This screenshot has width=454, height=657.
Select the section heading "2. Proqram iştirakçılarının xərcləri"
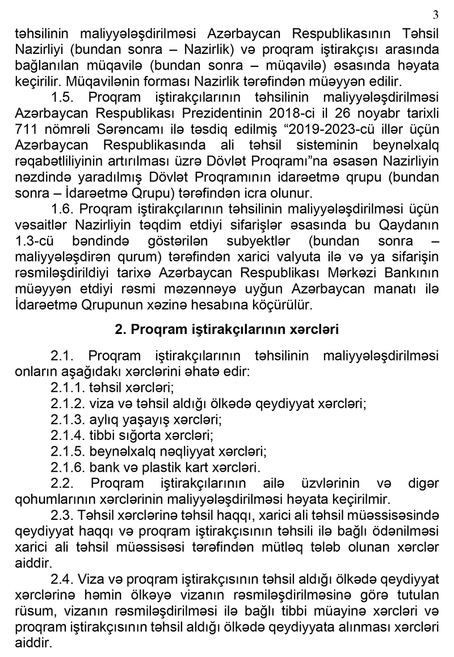point(227,329)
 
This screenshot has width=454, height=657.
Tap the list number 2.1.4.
point(67,436)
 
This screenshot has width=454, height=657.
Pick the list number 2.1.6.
point(67,468)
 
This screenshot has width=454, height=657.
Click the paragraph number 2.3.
point(62,515)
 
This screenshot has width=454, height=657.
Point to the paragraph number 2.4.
point(62,578)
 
